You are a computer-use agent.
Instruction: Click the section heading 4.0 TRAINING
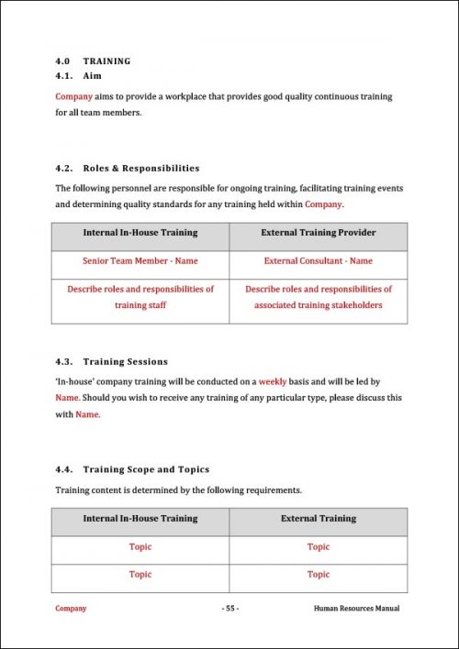[x=93, y=61]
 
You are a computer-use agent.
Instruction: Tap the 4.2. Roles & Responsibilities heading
[x=127, y=169]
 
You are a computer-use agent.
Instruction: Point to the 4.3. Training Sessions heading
[x=111, y=361]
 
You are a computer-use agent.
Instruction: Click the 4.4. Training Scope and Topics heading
[x=132, y=469]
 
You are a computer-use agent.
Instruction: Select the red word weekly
[x=273, y=380]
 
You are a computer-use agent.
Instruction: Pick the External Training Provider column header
[x=318, y=233]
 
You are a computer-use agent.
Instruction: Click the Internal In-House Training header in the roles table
[x=140, y=233]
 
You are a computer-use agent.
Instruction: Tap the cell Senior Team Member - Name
[x=140, y=261]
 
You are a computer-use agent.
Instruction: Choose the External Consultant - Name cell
[x=318, y=261]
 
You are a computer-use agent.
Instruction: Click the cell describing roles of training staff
[x=140, y=297]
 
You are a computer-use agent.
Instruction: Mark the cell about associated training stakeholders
[x=318, y=297]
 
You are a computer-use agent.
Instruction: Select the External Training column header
[x=318, y=519]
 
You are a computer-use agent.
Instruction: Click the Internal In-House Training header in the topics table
[x=140, y=519]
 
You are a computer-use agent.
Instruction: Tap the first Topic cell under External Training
[x=318, y=547]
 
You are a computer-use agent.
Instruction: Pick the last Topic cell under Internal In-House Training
[x=140, y=575]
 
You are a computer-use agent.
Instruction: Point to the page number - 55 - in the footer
[x=229, y=609]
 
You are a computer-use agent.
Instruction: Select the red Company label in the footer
[x=71, y=609]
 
